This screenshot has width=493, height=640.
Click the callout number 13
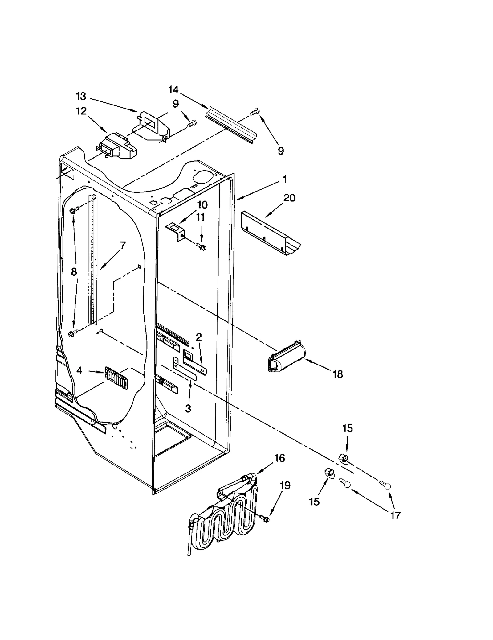81,97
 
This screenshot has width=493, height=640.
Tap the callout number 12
81,111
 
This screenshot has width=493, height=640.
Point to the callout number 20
289,198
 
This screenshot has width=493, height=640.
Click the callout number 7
123,246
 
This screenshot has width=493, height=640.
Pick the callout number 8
74,272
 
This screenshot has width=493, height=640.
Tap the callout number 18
338,374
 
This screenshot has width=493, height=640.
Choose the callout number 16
279,458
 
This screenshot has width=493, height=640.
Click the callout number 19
285,486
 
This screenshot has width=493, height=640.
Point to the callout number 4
79,371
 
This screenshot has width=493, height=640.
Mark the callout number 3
188,409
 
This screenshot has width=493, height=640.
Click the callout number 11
201,217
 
